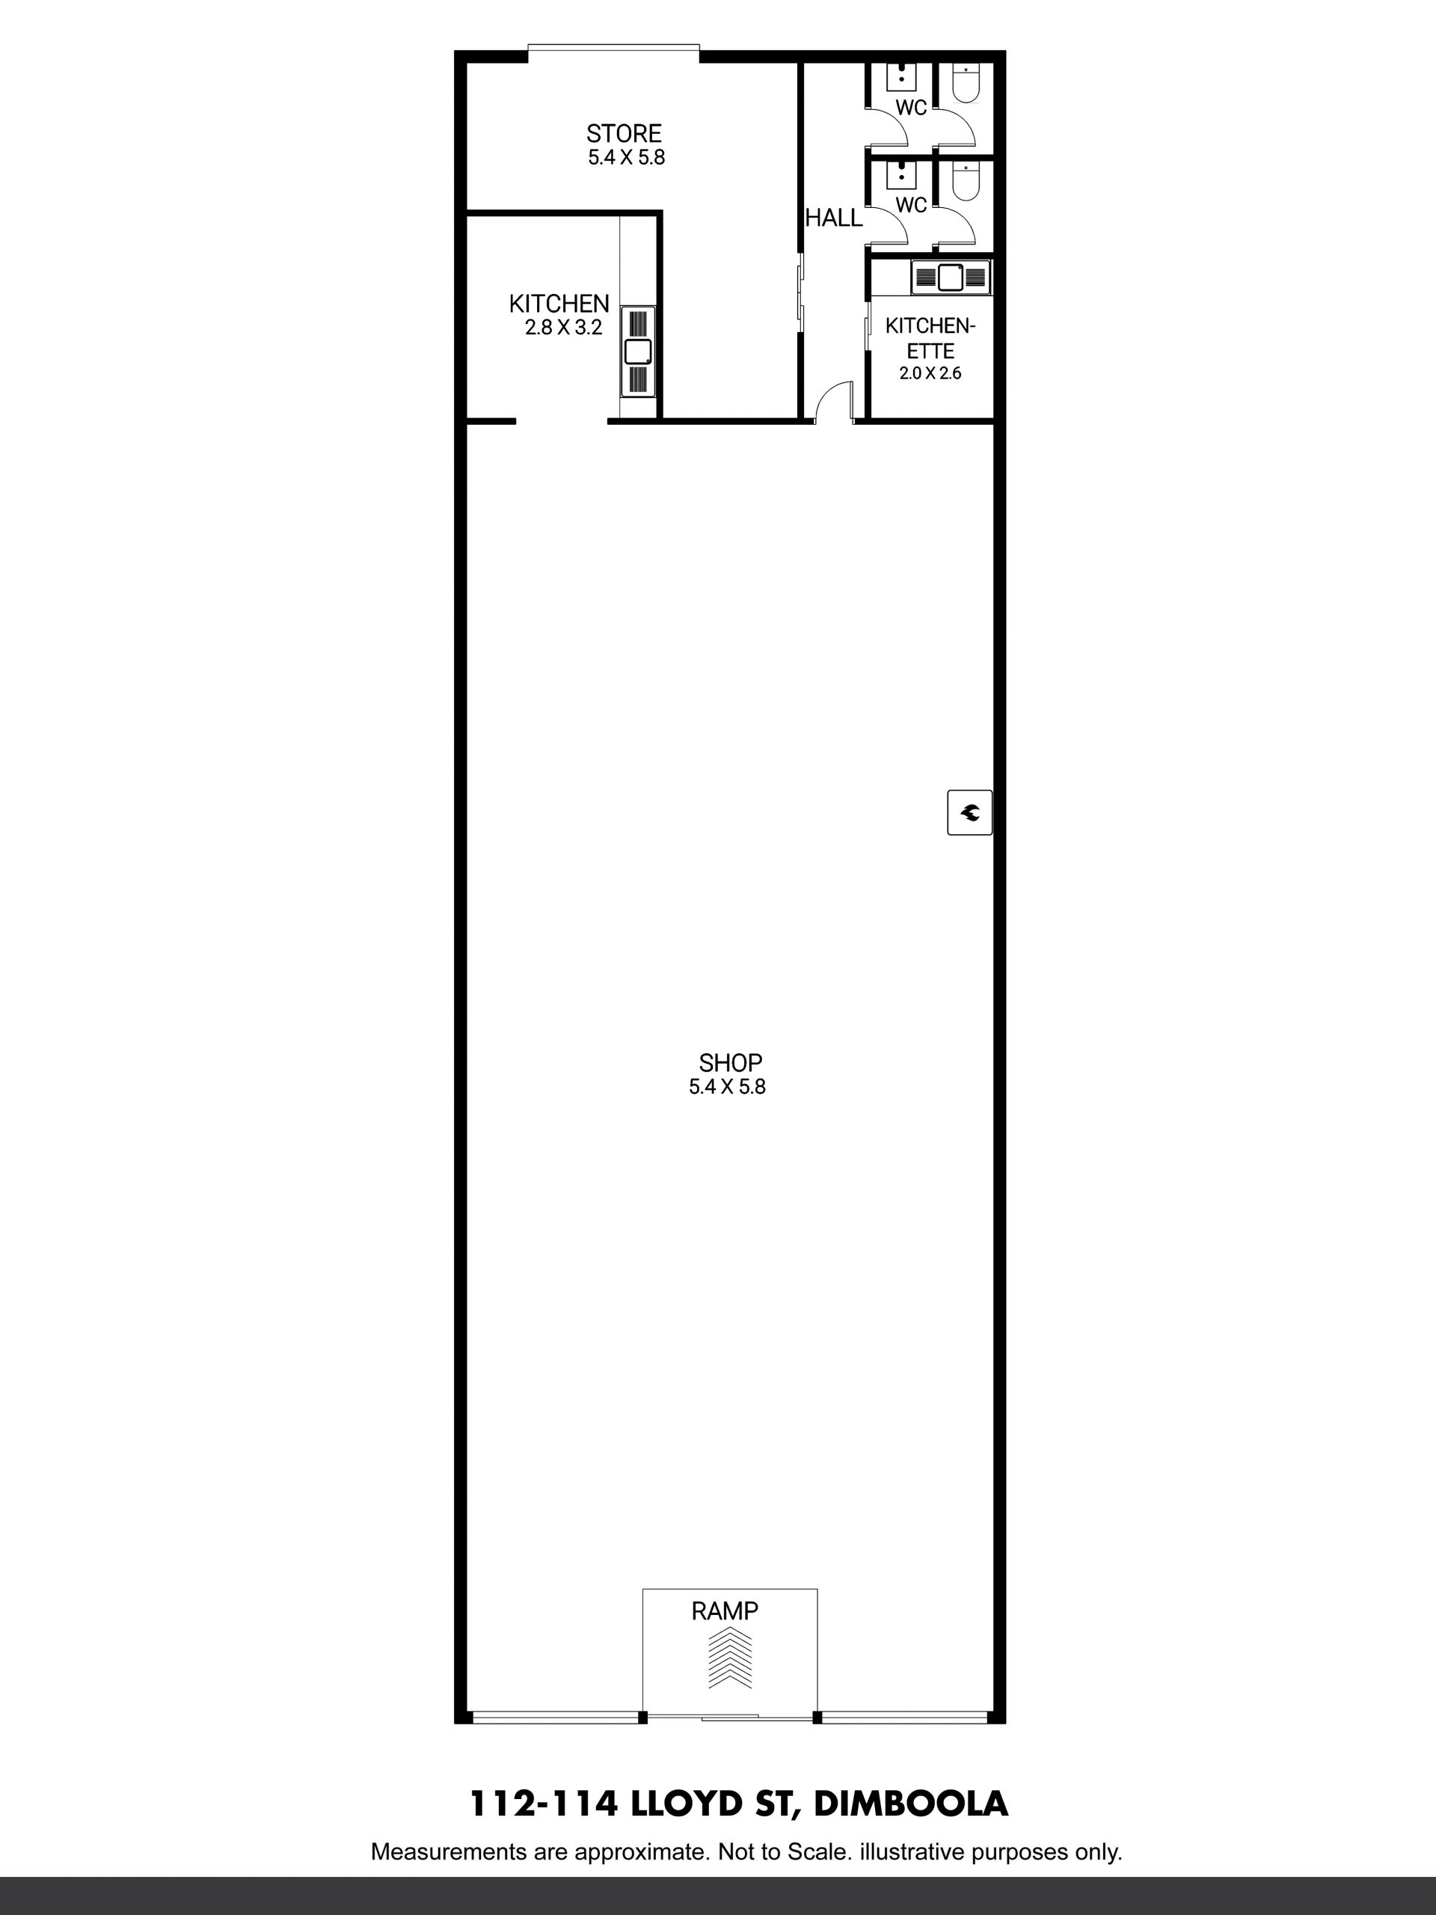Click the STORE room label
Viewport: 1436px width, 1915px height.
[623, 133]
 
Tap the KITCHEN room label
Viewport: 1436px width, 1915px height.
[559, 304]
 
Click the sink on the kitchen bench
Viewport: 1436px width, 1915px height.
[638, 352]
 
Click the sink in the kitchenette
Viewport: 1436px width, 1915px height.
[951, 277]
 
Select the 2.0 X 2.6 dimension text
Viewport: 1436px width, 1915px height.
[930, 373]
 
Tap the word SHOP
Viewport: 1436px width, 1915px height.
[731, 1062]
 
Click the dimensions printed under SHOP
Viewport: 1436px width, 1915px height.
[727, 1086]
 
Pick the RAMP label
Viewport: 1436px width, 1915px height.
[725, 1611]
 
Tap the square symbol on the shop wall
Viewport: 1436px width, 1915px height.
[969, 812]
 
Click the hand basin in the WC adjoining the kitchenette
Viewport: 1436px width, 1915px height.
[902, 175]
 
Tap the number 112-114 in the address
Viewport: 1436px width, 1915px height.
[544, 1804]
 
